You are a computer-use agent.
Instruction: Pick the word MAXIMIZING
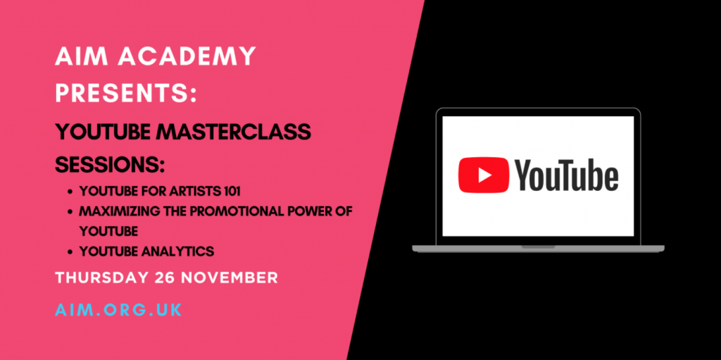117,211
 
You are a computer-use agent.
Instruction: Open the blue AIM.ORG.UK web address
118,310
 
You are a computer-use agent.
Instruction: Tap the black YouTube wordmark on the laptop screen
567,175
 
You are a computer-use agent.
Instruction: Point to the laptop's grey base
538,248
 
